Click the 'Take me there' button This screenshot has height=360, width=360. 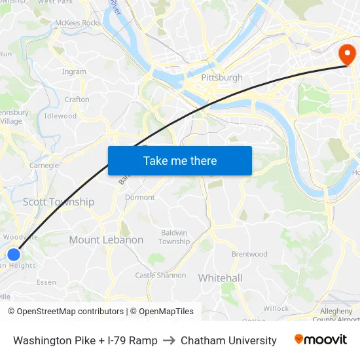[x=180, y=161]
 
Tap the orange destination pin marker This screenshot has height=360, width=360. [x=344, y=54]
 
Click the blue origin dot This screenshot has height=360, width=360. [x=14, y=254]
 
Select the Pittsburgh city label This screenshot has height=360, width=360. [x=222, y=78]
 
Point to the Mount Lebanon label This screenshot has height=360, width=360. [x=106, y=240]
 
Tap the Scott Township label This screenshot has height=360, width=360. [x=58, y=202]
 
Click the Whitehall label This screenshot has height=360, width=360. [x=220, y=278]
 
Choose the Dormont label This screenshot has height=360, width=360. [x=140, y=197]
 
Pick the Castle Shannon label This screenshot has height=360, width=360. [x=160, y=276]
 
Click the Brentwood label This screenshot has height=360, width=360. [x=249, y=254]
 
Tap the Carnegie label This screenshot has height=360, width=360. [x=44, y=166]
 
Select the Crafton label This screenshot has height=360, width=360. [x=77, y=99]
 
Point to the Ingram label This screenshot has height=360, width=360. [x=74, y=72]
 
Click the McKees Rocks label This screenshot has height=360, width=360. [x=78, y=23]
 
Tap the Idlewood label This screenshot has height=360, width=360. [x=60, y=116]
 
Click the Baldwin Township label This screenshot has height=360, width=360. [x=174, y=237]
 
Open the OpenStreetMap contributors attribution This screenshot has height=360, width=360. [x=69, y=312]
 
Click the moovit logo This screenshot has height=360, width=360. [x=321, y=340]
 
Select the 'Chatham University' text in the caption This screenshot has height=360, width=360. [x=228, y=340]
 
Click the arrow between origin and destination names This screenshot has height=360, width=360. [x=169, y=340]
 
